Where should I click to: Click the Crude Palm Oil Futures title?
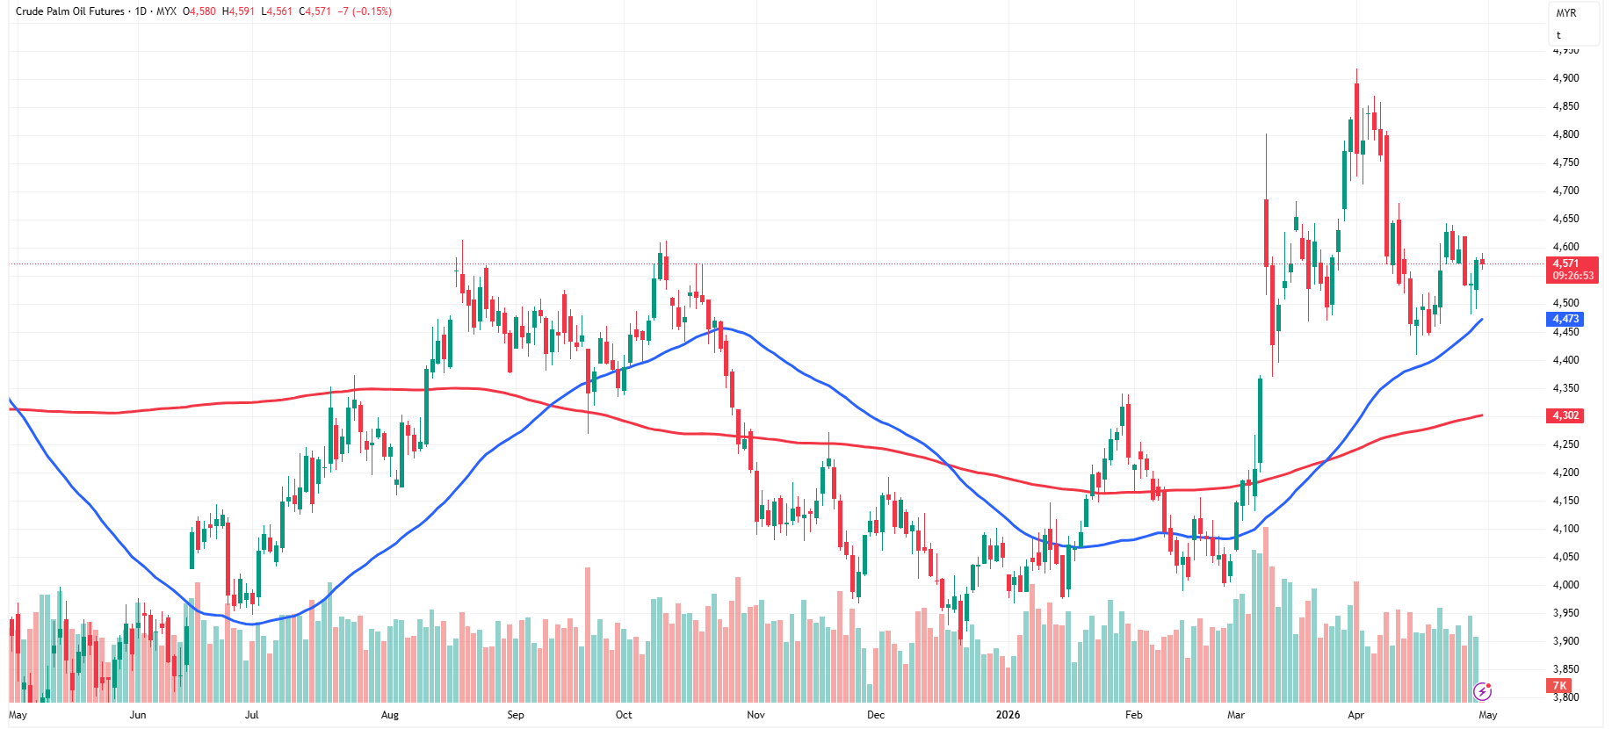click(x=70, y=11)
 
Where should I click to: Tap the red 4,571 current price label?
click(x=1566, y=263)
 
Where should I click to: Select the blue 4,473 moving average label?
click(x=1565, y=320)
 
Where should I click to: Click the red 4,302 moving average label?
click(x=1565, y=415)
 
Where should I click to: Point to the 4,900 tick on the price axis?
click(x=1565, y=78)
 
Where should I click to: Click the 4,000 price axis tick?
click(x=1565, y=585)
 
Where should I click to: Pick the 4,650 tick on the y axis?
click(x=1565, y=219)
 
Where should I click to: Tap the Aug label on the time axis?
click(x=390, y=715)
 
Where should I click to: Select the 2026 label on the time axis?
click(x=1008, y=715)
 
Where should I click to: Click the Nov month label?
click(x=755, y=715)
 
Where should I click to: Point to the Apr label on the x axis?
click(x=1355, y=715)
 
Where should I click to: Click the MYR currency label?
click(x=1566, y=13)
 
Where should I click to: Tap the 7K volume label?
click(x=1559, y=686)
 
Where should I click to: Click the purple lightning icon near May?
click(x=1483, y=691)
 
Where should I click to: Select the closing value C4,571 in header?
click(x=314, y=11)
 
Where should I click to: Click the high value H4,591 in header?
click(x=238, y=11)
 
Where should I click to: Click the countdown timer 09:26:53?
click(x=1572, y=276)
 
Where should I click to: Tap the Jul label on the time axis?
click(x=252, y=715)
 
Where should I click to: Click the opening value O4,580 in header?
click(x=199, y=11)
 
